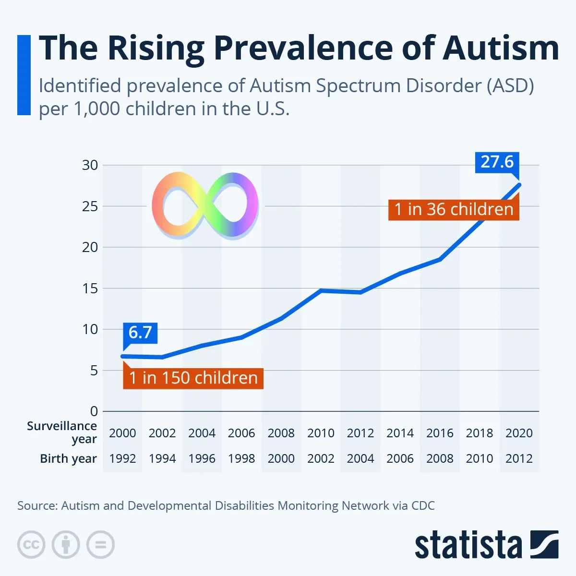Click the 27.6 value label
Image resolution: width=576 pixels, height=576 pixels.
pyautogui.click(x=497, y=162)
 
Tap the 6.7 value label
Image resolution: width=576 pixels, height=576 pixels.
pyautogui.click(x=140, y=332)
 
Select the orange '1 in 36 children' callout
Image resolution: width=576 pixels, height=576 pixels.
pyautogui.click(x=454, y=209)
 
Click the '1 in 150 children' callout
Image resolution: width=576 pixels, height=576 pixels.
pyautogui.click(x=193, y=378)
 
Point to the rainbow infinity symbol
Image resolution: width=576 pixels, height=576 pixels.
pyautogui.click(x=205, y=205)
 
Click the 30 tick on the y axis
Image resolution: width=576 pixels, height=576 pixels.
pyautogui.click(x=90, y=165)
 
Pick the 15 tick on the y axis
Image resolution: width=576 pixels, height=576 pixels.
pyautogui.click(x=90, y=288)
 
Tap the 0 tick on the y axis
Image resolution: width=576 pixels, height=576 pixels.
pyautogui.click(x=94, y=411)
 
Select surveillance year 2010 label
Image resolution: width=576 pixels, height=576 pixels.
pyautogui.click(x=321, y=433)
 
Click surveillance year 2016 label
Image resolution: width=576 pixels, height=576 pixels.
pyautogui.click(x=440, y=433)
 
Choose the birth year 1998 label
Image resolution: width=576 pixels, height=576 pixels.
pyautogui.click(x=241, y=458)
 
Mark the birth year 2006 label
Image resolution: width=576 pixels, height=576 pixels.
pyautogui.click(x=400, y=458)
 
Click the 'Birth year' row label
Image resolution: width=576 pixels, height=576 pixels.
pyautogui.click(x=68, y=458)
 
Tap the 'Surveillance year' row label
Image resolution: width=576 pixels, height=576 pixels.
pyautogui.click(x=62, y=432)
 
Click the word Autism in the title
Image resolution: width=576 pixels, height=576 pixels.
pyautogui.click(x=500, y=48)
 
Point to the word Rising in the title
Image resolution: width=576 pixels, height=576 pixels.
pyautogui.click(x=156, y=48)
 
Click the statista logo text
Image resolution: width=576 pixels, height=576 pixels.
pyautogui.click(x=468, y=545)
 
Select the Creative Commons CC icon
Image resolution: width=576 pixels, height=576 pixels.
pyautogui.click(x=31, y=545)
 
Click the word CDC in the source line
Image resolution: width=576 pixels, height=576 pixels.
pyautogui.click(x=423, y=505)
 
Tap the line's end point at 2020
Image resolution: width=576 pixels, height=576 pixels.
pyautogui.click(x=519, y=185)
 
